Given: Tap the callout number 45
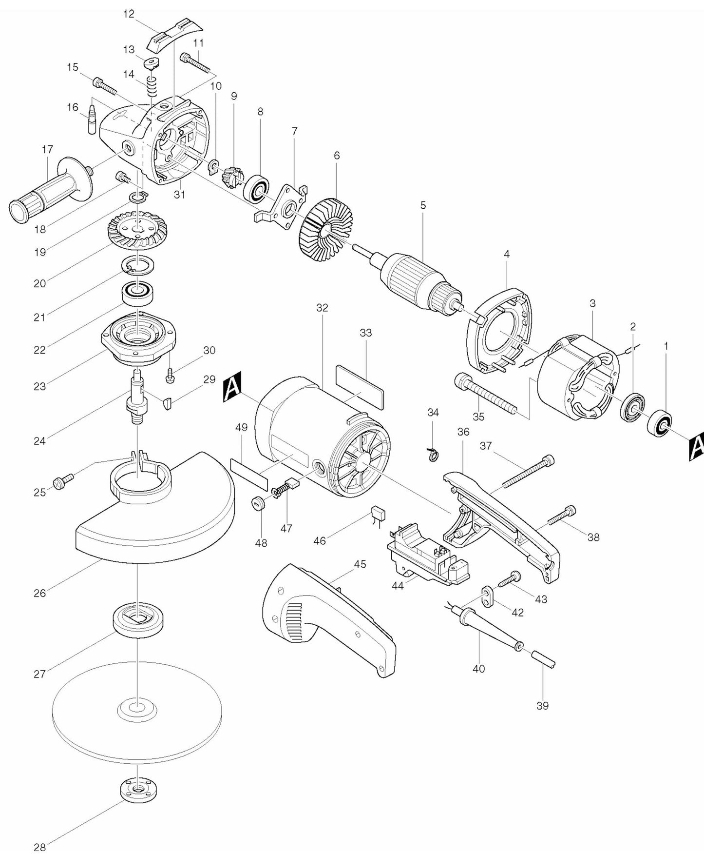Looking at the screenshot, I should point(360,564).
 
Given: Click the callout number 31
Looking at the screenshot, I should point(180,195).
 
